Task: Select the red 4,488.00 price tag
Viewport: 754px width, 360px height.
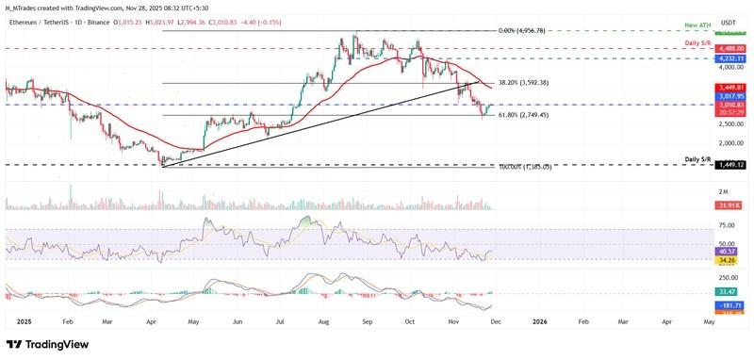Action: (x=729, y=48)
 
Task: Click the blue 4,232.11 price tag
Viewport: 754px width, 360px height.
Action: (x=729, y=58)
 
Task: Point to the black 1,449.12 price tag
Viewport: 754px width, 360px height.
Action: (x=729, y=165)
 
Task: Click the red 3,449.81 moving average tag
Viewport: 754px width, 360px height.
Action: (x=729, y=87)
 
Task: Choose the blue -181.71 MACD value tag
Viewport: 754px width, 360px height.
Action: (x=729, y=305)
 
